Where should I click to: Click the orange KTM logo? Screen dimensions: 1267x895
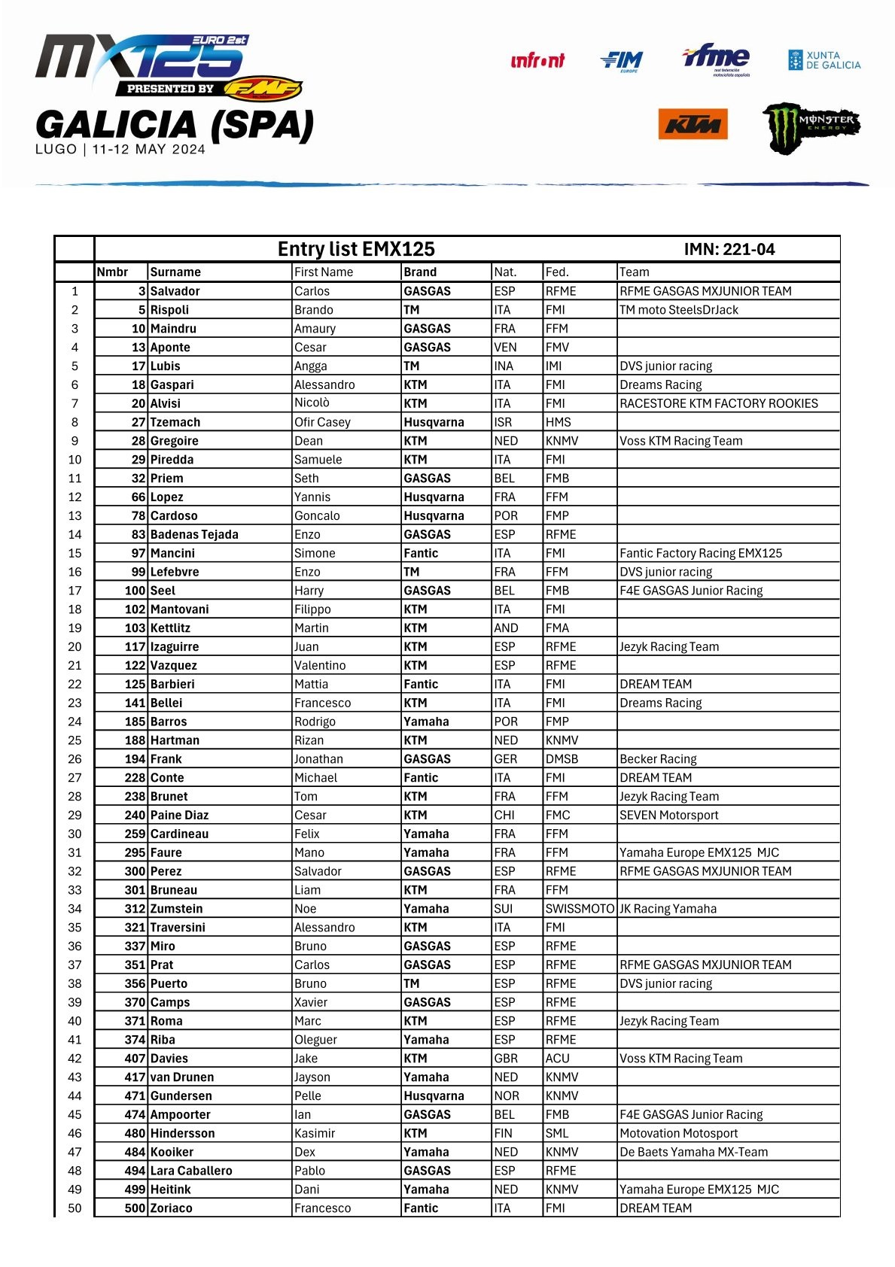[x=693, y=124]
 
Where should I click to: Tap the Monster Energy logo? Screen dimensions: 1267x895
[x=811, y=127]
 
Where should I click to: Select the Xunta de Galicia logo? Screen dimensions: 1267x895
[x=823, y=60]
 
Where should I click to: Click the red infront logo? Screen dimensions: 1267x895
[x=537, y=61]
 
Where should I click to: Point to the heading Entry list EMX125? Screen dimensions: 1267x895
[x=356, y=249]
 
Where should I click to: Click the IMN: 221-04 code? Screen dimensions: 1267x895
[x=729, y=250]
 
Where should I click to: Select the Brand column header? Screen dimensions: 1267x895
[x=419, y=272]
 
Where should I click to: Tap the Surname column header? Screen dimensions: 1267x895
[x=175, y=272]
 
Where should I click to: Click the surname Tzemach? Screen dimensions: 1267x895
[x=175, y=422]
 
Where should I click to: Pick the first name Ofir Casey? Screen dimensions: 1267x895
[x=322, y=422]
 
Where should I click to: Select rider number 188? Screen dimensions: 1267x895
[x=135, y=740]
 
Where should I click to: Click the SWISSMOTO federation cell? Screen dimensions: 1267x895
[x=580, y=909]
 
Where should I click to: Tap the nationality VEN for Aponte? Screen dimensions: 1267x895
[x=505, y=348]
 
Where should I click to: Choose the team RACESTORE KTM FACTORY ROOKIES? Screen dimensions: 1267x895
[x=718, y=403]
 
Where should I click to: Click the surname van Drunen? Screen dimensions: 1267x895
[x=182, y=1077]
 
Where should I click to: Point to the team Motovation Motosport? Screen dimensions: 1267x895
[x=678, y=1133]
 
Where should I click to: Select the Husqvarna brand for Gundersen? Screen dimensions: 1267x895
[x=434, y=1096]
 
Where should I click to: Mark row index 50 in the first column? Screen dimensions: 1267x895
[x=75, y=1208]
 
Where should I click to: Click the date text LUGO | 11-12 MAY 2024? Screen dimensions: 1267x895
[x=120, y=149]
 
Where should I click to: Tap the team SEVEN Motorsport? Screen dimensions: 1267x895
[x=668, y=815]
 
